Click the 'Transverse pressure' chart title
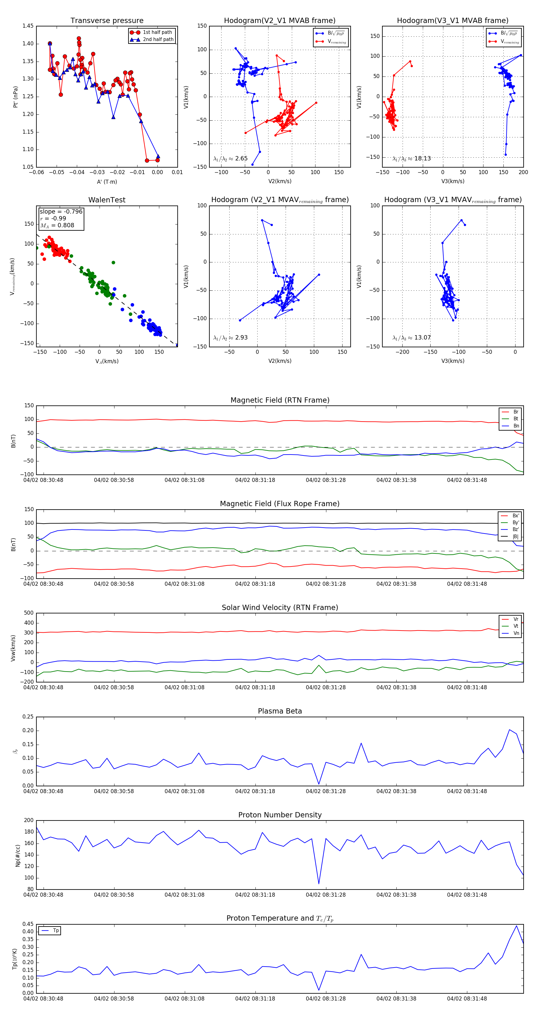click(107, 21)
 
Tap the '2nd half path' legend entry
click(158, 39)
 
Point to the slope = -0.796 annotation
click(61, 211)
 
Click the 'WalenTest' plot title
click(107, 200)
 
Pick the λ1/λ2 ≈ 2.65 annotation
click(230, 159)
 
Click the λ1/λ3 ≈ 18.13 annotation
click(411, 159)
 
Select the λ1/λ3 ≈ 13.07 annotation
click(411, 338)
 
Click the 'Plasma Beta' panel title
click(280, 711)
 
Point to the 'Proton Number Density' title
click(280, 815)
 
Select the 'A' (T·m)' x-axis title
click(107, 182)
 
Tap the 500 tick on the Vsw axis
click(29, 613)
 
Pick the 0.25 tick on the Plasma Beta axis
click(28, 717)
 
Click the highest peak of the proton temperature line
click(516, 926)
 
